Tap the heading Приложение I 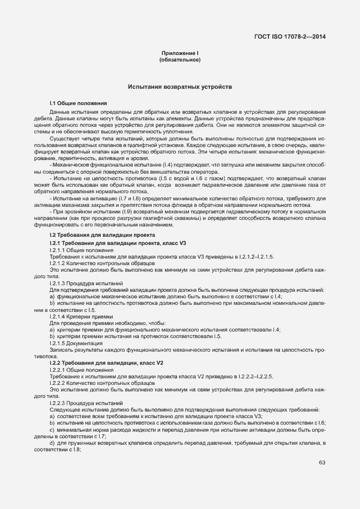click(x=180, y=53)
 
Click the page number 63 click(x=322, y=463)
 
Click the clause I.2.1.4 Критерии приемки click(x=81, y=316)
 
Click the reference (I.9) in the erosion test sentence click(x=127, y=212)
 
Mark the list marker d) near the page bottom click(x=52, y=443)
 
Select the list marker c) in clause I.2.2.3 click(x=52, y=430)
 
